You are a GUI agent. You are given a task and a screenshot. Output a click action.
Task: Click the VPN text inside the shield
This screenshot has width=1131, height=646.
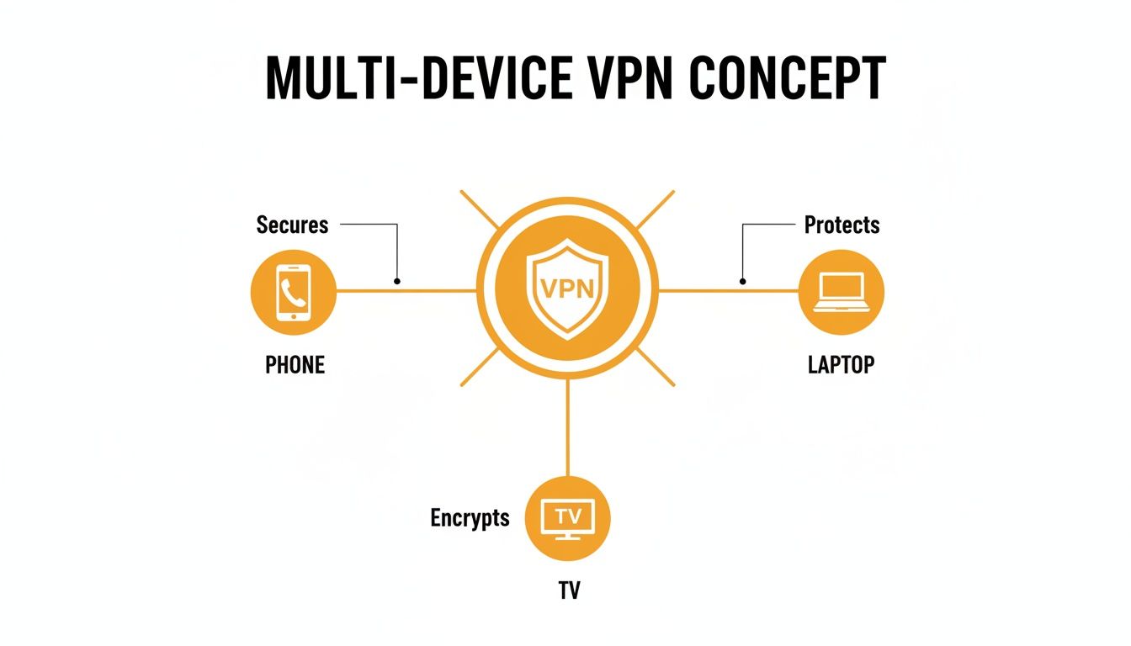coord(567,289)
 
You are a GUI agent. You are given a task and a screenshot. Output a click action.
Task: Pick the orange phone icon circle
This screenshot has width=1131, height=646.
coord(294,292)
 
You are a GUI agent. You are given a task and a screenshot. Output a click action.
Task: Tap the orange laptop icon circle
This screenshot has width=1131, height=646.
coord(841,292)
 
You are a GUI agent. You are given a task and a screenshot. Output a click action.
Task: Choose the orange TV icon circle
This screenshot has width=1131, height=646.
coord(568,517)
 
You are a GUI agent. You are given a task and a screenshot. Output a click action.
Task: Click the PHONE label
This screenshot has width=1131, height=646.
coord(295,365)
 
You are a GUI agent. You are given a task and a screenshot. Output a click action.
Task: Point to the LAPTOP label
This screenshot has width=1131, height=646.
coord(841,365)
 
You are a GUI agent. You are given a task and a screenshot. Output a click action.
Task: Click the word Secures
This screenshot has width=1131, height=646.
coord(292,225)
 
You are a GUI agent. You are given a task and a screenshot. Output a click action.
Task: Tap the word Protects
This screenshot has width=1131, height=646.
coord(842,225)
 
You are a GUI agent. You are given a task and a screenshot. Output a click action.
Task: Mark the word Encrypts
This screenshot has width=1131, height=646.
coord(470,517)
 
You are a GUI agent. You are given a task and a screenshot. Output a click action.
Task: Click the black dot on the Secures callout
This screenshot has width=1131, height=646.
coord(397,281)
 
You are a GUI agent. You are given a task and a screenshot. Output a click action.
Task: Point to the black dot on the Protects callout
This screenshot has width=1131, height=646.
coord(742,281)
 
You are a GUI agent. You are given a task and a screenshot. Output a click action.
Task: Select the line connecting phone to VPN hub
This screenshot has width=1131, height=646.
coord(421,291)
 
